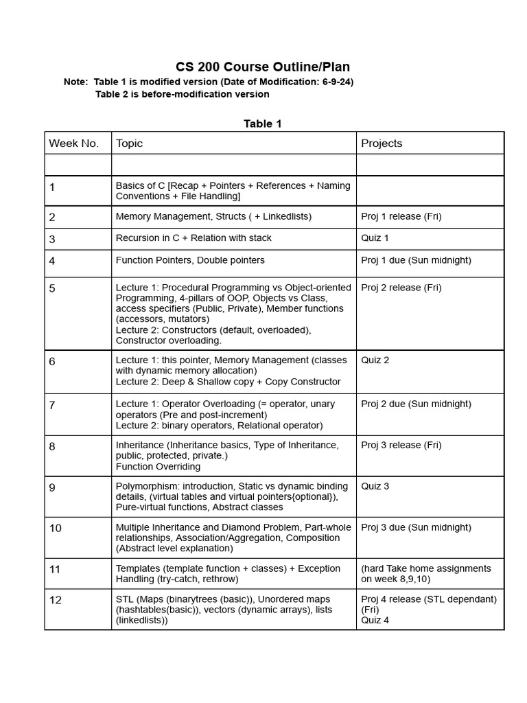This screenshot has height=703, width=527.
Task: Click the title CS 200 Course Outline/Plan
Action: click(263, 67)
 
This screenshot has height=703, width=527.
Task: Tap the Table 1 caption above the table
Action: click(263, 124)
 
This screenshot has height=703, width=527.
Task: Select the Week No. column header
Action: click(74, 143)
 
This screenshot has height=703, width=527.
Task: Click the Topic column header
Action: click(130, 143)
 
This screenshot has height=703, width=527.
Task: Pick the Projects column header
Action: click(382, 143)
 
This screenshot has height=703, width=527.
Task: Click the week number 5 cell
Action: click(53, 288)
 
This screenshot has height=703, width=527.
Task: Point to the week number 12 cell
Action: click(56, 600)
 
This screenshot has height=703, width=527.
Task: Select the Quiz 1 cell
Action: click(375, 238)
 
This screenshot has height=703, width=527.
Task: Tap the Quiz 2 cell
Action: click(375, 360)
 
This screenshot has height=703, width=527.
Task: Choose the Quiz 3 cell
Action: click(375, 487)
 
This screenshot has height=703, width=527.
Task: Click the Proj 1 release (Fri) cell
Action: click(401, 217)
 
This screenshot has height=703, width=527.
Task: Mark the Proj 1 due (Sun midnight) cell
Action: click(416, 260)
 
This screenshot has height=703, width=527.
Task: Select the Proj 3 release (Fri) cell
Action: click(401, 445)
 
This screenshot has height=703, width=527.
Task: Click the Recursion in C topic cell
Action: click(194, 238)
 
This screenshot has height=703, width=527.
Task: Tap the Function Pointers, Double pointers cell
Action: click(190, 260)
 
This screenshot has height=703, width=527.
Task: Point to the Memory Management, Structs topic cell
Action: click(213, 217)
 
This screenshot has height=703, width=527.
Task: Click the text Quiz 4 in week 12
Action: click(375, 620)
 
